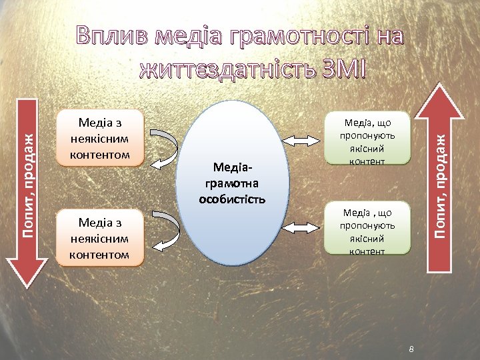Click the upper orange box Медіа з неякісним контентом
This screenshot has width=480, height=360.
click(100, 137)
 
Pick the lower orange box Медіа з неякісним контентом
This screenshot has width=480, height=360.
click(100, 237)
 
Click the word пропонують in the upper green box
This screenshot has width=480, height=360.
click(367, 135)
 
